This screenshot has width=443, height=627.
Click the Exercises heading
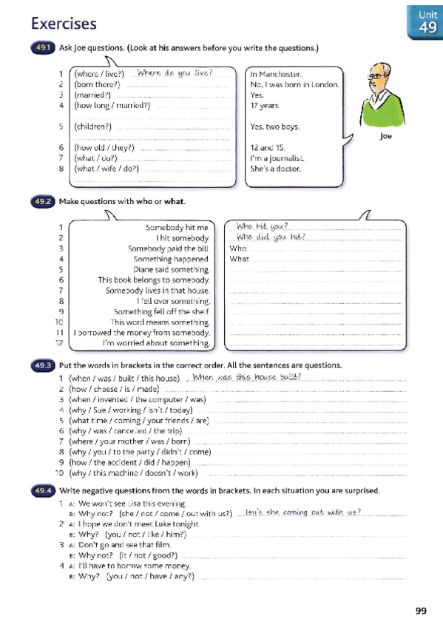(x=64, y=24)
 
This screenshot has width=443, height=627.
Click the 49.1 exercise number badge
(x=41, y=50)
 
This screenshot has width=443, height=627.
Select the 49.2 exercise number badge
(x=41, y=201)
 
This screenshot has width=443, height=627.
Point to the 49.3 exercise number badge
(x=41, y=365)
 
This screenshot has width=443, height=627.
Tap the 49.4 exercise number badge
(x=41, y=490)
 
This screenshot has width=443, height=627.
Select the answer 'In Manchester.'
(x=276, y=74)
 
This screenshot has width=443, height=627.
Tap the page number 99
(x=420, y=610)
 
